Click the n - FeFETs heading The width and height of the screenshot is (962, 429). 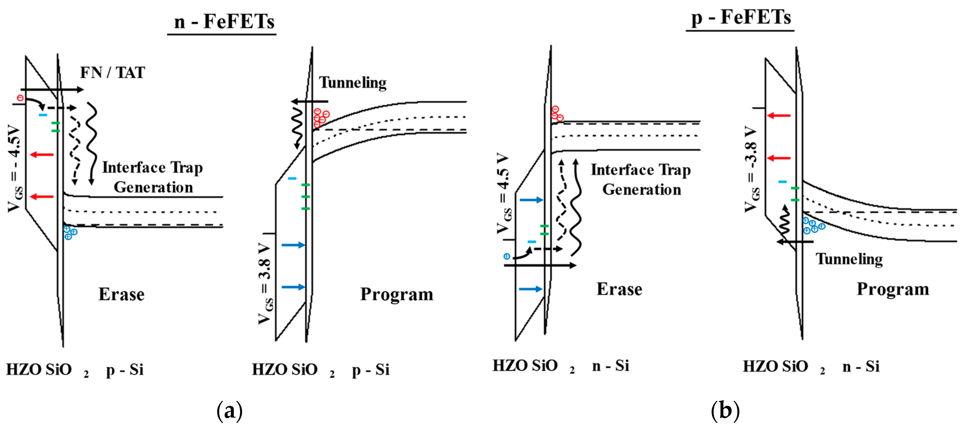224,21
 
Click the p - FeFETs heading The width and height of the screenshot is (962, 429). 741,17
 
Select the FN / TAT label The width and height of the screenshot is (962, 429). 112,73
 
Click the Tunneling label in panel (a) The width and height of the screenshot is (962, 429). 353,83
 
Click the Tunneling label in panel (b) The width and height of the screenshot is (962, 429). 849,259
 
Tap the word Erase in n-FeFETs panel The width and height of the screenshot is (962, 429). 121,294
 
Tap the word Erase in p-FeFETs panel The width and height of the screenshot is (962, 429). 619,289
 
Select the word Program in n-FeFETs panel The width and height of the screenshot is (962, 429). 397,294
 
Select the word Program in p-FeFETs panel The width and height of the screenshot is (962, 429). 893,289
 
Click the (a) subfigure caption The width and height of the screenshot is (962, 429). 229,411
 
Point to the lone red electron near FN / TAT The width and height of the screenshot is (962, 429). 20,98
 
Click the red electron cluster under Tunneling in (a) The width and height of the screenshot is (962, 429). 321,118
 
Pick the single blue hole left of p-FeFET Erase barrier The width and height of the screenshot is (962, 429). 507,256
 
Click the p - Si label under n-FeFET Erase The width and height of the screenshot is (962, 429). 125,370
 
